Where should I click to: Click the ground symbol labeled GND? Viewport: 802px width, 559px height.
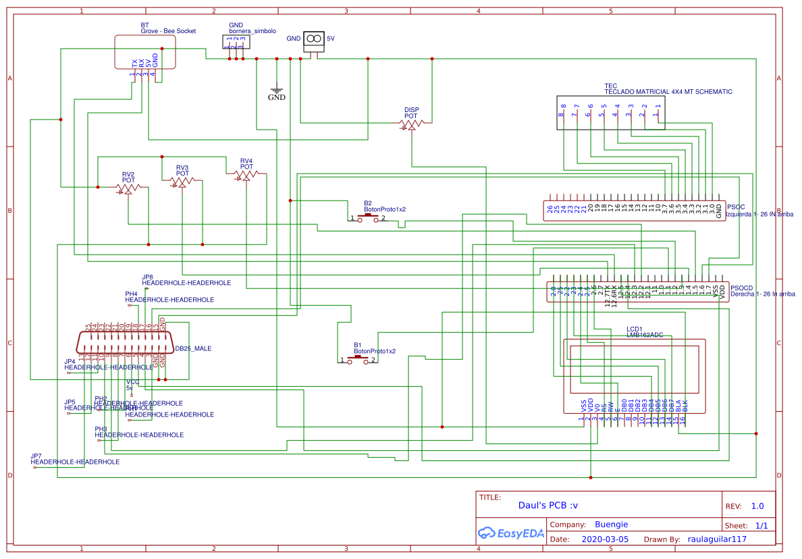pyautogui.click(x=276, y=90)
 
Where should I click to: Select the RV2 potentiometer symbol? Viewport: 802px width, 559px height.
pyautogui.click(x=128, y=188)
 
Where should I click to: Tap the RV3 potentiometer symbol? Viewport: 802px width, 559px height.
pyautogui.click(x=182, y=181)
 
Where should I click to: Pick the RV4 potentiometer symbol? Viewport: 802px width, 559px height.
pyautogui.click(x=246, y=175)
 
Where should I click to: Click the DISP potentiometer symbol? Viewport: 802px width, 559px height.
pyautogui.click(x=411, y=124)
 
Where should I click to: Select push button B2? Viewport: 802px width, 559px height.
pyautogui.click(x=367, y=218)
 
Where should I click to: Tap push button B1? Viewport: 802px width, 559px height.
pyautogui.click(x=358, y=361)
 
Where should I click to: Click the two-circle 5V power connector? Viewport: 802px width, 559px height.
pyautogui.click(x=313, y=39)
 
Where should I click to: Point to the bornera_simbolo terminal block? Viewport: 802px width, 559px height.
pyautogui.click(x=236, y=43)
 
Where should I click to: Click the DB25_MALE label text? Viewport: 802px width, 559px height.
pyautogui.click(x=193, y=349)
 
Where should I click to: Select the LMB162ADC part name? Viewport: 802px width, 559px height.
pyautogui.click(x=644, y=334)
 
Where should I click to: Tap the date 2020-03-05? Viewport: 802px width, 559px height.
pyautogui.click(x=604, y=539)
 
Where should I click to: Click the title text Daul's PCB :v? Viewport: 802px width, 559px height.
pyautogui.click(x=548, y=505)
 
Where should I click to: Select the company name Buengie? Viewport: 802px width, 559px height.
pyautogui.click(x=611, y=524)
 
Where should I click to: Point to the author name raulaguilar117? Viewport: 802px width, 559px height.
pyautogui.click(x=717, y=539)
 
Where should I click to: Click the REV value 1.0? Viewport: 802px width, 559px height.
pyautogui.click(x=757, y=506)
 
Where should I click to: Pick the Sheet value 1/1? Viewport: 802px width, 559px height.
pyautogui.click(x=761, y=525)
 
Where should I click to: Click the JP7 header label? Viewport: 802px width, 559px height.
pyautogui.click(x=36, y=456)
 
